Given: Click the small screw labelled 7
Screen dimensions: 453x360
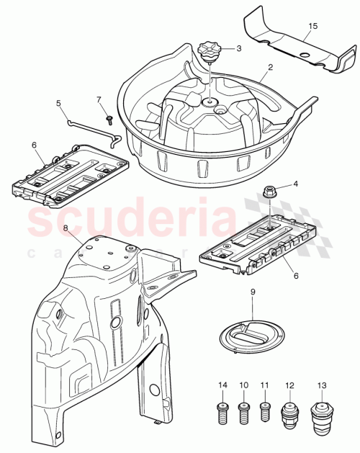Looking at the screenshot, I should [108, 118].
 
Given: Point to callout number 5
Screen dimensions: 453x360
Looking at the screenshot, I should [59, 104].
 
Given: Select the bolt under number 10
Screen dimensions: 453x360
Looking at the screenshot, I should [243, 413].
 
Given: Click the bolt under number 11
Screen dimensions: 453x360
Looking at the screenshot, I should [264, 413].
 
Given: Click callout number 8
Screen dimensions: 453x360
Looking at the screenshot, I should [65, 229].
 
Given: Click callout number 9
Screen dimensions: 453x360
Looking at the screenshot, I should [253, 292].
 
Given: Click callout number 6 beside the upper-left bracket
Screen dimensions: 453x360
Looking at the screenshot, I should [33, 144].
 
